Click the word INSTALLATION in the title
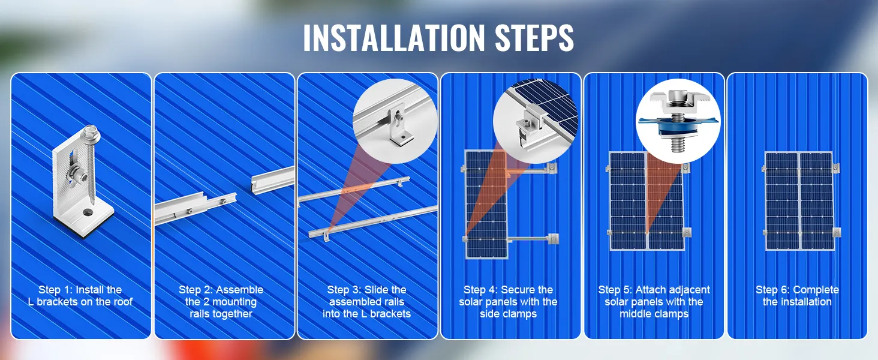point(394,38)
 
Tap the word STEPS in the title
point(534,38)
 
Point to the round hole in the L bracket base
point(87,212)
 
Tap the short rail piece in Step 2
point(273,179)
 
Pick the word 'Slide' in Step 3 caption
point(377,290)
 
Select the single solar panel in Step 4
point(486,204)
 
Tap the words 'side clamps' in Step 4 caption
point(509,314)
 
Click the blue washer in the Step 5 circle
point(678,126)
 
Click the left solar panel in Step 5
point(627,201)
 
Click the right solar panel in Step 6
point(816,201)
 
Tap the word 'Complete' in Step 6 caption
point(816,290)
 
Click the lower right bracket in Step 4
point(553,238)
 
